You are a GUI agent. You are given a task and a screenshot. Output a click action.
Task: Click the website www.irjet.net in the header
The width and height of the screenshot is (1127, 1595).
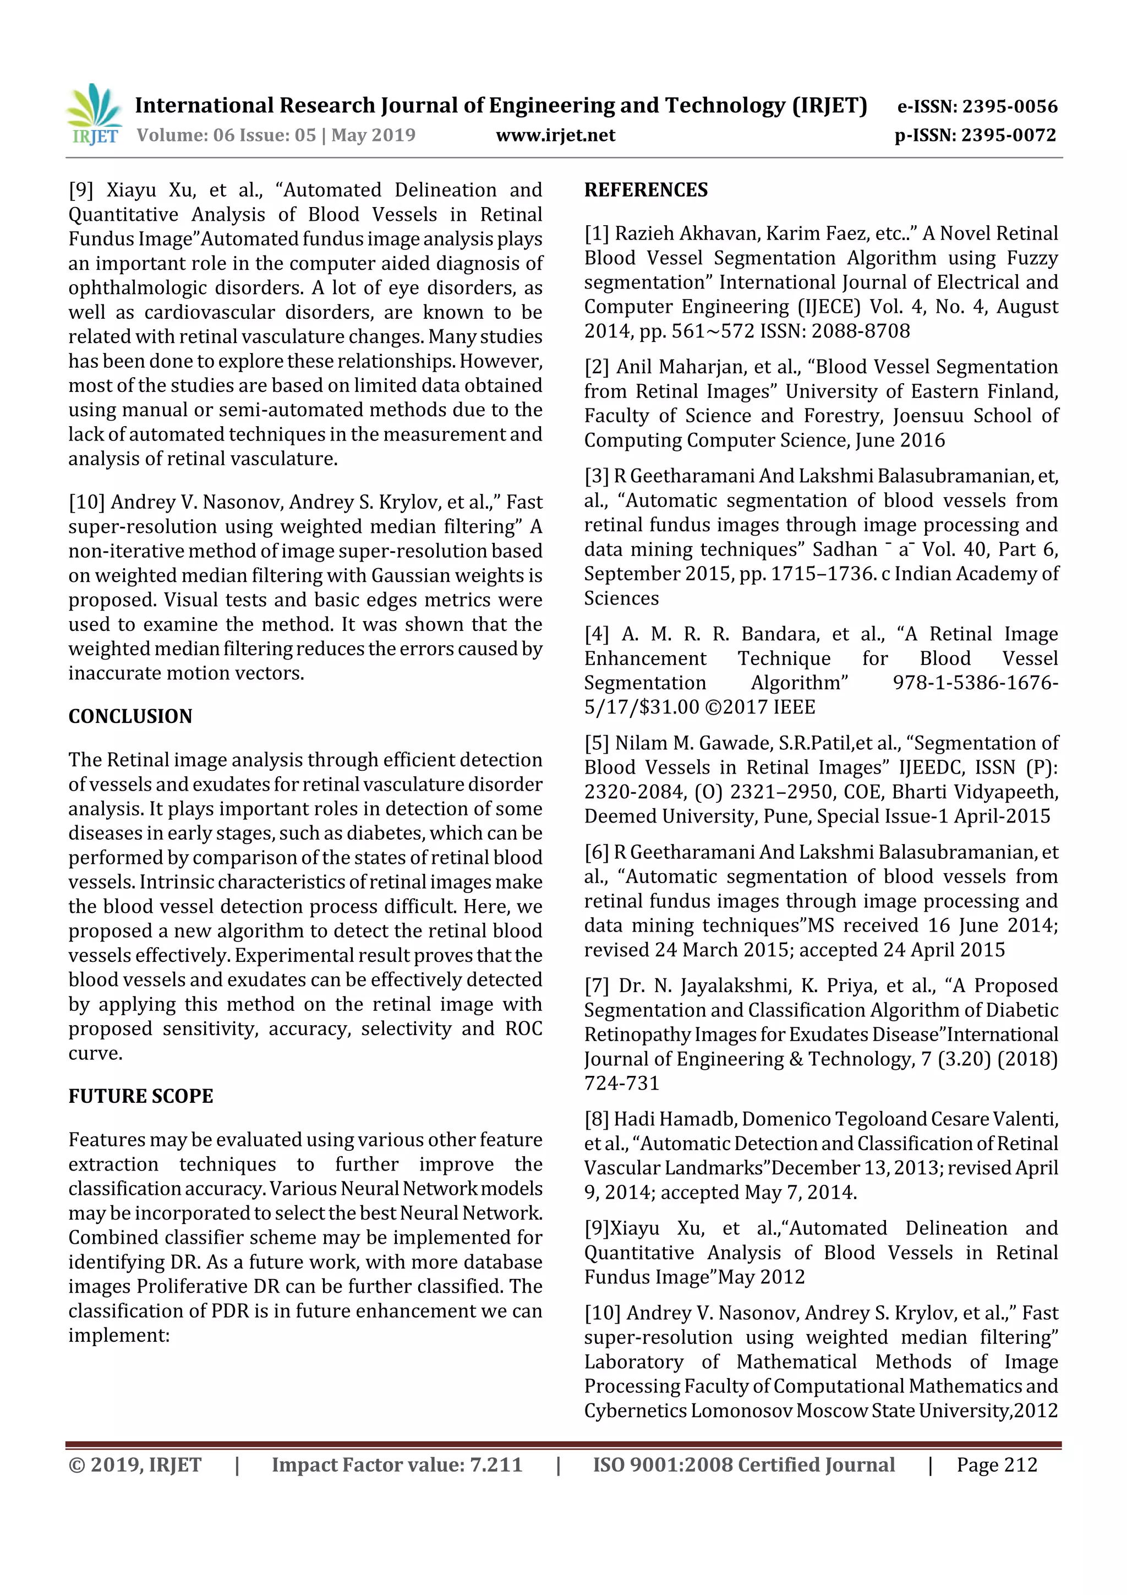[555, 135]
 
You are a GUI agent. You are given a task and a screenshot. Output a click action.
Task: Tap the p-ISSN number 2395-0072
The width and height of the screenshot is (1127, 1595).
[1008, 135]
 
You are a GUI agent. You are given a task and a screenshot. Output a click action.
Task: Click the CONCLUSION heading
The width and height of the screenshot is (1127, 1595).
[130, 716]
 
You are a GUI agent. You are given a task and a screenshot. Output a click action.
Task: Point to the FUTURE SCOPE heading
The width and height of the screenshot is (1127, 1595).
[140, 1096]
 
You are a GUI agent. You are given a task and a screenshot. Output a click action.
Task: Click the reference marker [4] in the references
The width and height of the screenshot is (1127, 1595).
[597, 634]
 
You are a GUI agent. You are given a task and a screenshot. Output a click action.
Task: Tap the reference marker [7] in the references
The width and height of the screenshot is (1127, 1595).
[597, 986]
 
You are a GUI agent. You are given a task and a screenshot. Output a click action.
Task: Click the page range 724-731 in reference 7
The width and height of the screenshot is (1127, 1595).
[621, 1083]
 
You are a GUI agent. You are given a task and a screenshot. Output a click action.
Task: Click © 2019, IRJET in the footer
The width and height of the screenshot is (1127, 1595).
[135, 1465]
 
